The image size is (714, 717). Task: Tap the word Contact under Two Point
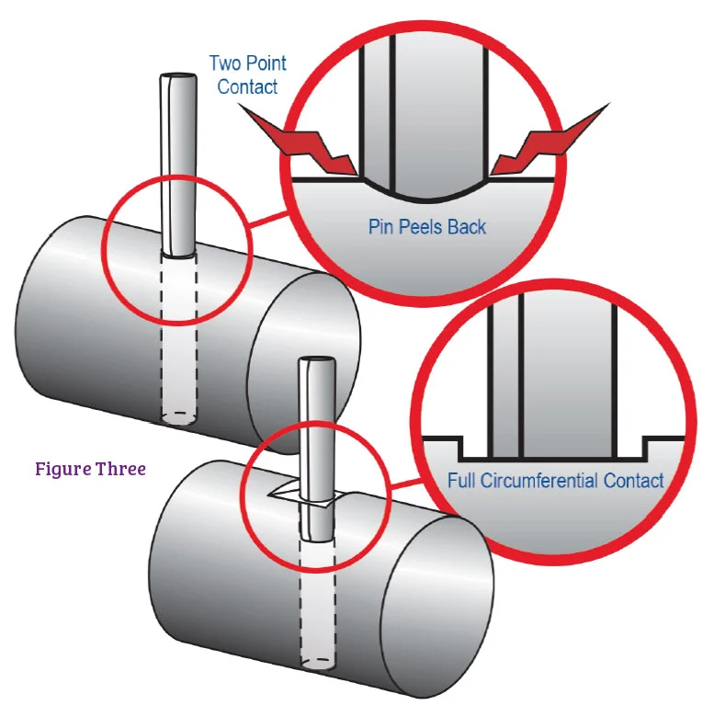point(247,87)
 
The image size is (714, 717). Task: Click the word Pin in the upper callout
point(381,226)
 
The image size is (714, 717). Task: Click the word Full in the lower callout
point(464,480)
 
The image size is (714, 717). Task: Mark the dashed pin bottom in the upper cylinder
point(180,417)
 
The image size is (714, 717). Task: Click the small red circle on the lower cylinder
point(315,492)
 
